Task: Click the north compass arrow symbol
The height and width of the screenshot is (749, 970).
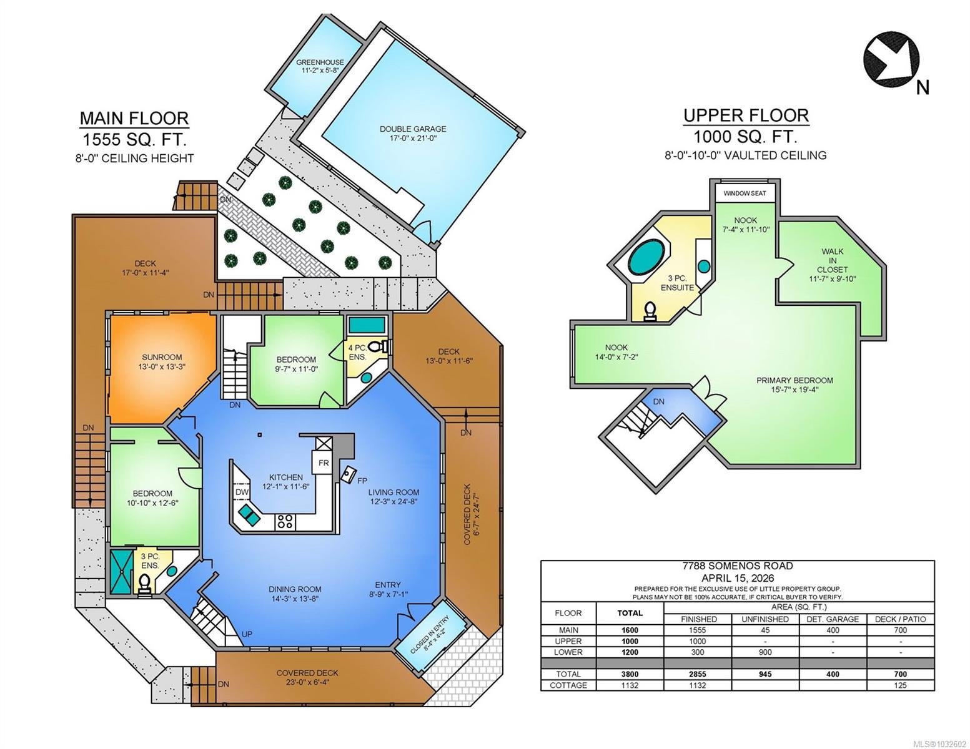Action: (x=891, y=63)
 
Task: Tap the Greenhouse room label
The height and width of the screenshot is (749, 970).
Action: (x=320, y=66)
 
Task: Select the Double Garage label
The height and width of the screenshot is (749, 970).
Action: (x=413, y=134)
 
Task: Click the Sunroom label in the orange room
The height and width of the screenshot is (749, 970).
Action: (x=162, y=362)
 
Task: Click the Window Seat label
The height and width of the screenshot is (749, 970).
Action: (x=745, y=193)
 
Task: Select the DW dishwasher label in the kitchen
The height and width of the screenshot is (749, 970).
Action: (x=242, y=492)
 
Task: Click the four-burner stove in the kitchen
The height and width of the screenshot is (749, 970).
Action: (x=284, y=521)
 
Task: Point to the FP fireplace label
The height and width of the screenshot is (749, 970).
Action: (x=362, y=481)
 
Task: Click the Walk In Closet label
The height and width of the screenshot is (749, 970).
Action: (x=833, y=265)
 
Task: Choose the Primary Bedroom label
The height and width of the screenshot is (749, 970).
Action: (x=794, y=384)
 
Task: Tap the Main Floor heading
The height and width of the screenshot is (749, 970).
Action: (x=134, y=118)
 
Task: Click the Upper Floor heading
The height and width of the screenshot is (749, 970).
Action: (x=746, y=115)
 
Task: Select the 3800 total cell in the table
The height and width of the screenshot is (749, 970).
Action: (x=630, y=674)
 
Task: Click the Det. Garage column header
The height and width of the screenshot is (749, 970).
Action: (x=833, y=619)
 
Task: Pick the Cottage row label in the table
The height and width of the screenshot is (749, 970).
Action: (x=568, y=685)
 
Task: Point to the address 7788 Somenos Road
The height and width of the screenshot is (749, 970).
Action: (x=738, y=566)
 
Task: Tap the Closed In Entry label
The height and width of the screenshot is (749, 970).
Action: (x=430, y=634)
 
